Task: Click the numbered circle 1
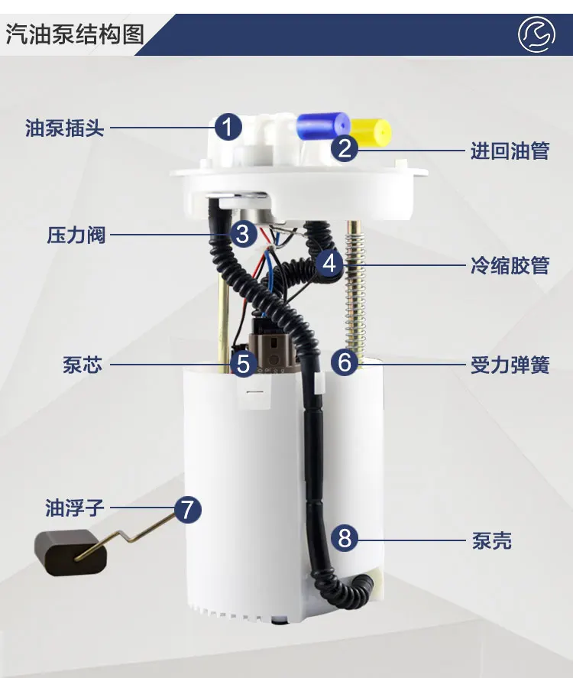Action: tap(228, 126)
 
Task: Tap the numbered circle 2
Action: tap(345, 148)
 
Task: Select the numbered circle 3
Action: tap(242, 233)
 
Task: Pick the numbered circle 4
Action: tap(329, 264)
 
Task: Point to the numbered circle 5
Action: tap(243, 364)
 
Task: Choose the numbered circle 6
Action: tap(345, 362)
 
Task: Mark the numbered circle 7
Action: tap(188, 508)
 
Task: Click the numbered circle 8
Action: tap(345, 538)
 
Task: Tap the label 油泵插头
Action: tap(65, 127)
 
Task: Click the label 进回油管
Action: tap(510, 150)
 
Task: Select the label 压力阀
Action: tap(76, 234)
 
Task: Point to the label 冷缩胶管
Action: tap(510, 266)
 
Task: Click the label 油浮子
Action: tap(74, 507)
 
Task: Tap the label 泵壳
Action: tap(491, 541)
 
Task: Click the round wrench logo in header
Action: tap(536, 34)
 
